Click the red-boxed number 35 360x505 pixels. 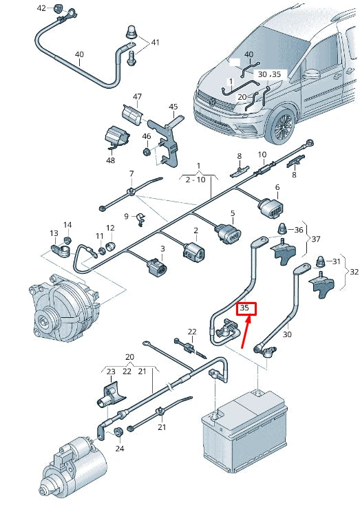pyautogui.click(x=244, y=308)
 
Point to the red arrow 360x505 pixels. pyautogui.click(x=246, y=332)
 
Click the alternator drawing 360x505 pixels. pyautogui.click(x=62, y=308)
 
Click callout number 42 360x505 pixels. pyautogui.click(x=42, y=8)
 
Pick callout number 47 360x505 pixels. pyautogui.click(x=137, y=96)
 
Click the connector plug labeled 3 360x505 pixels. pyautogui.click(x=157, y=268)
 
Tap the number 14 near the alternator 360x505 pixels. pyautogui.click(x=67, y=225)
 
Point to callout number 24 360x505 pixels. pyautogui.click(x=120, y=449)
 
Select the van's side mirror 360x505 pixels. pyautogui.click(x=312, y=74)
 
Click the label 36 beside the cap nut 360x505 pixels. pyautogui.click(x=299, y=230)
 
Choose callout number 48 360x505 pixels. pyautogui.click(x=111, y=160)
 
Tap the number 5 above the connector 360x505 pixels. pyautogui.click(x=233, y=213)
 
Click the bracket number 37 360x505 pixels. pyautogui.click(x=316, y=239)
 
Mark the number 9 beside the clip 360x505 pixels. pyautogui.click(x=127, y=216)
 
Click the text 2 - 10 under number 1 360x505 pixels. pyautogui.click(x=195, y=180)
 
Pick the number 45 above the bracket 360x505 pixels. pyautogui.click(x=173, y=106)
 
